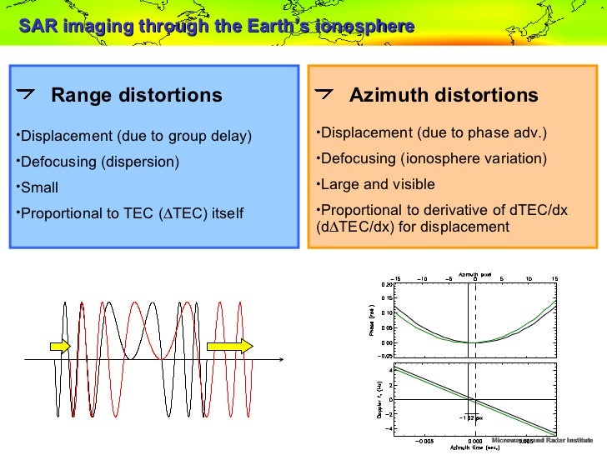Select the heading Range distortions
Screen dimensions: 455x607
[x=137, y=95]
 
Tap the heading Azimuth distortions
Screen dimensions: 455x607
[x=444, y=95]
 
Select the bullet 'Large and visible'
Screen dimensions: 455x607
[x=378, y=184]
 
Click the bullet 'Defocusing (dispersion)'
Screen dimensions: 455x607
[x=99, y=162]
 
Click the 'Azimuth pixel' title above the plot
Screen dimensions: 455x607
[x=473, y=274]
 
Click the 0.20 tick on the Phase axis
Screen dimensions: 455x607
[x=385, y=285]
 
